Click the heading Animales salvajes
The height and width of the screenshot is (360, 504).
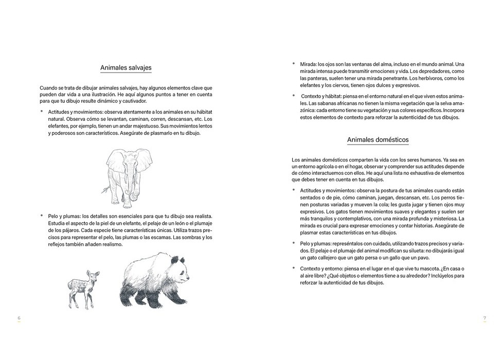(125, 67)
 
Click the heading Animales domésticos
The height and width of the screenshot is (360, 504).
(377, 139)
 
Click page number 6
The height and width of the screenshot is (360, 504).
(19, 318)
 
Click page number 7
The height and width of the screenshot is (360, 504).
(484, 318)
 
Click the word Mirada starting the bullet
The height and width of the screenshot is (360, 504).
(308, 64)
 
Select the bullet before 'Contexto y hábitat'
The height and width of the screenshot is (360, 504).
(294, 96)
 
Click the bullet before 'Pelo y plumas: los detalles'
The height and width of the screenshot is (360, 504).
(41, 216)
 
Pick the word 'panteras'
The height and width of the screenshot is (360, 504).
(311, 78)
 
